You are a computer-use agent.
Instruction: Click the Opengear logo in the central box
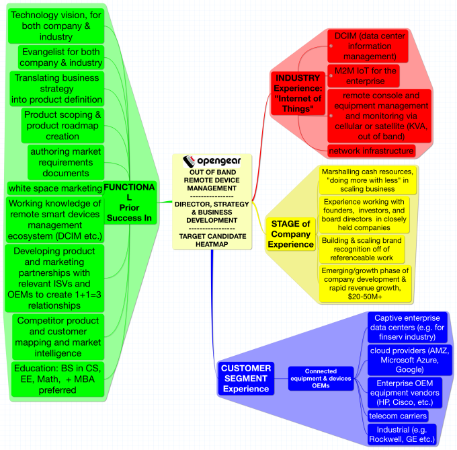(212, 161)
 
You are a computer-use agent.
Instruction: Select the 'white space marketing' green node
(55, 188)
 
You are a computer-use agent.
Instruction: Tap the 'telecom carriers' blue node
(398, 416)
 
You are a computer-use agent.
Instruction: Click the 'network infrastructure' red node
(372, 150)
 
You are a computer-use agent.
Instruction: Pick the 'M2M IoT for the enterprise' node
(366, 75)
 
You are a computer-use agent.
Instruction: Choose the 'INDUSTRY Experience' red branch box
(298, 93)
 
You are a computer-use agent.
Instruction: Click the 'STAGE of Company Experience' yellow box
(290, 234)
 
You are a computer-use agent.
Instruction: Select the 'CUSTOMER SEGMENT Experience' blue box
(246, 379)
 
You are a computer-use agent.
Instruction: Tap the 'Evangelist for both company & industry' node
(62, 57)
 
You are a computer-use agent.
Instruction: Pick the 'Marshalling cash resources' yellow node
(367, 180)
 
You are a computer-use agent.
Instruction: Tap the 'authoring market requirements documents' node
(65, 162)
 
